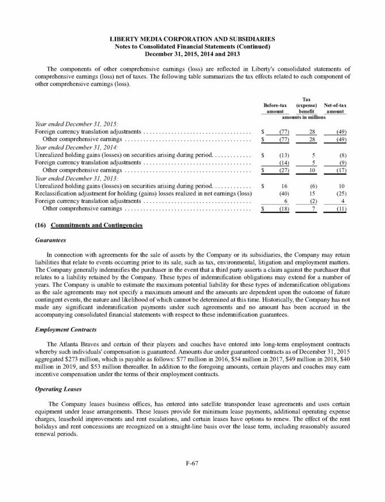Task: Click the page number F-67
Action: click(192, 464)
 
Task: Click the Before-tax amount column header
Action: click(276, 108)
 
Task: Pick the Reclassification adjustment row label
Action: click(143, 194)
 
